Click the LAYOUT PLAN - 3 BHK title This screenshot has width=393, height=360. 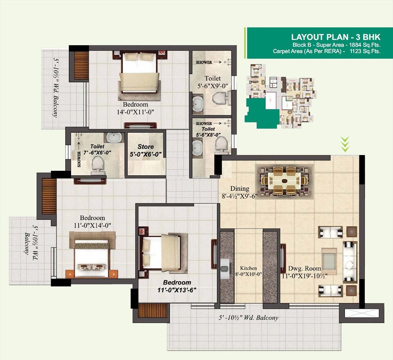[x=336, y=37]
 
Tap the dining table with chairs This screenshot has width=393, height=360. [x=284, y=180]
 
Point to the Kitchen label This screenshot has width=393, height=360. [x=248, y=268]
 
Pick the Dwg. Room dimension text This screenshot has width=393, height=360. [x=305, y=276]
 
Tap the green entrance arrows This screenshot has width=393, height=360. [x=345, y=145]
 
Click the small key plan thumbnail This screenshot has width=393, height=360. [x=281, y=96]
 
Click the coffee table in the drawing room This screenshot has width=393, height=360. [x=329, y=261]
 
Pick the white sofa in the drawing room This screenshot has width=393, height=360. [x=349, y=260]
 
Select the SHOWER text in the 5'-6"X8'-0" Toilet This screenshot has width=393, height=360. [x=204, y=124]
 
